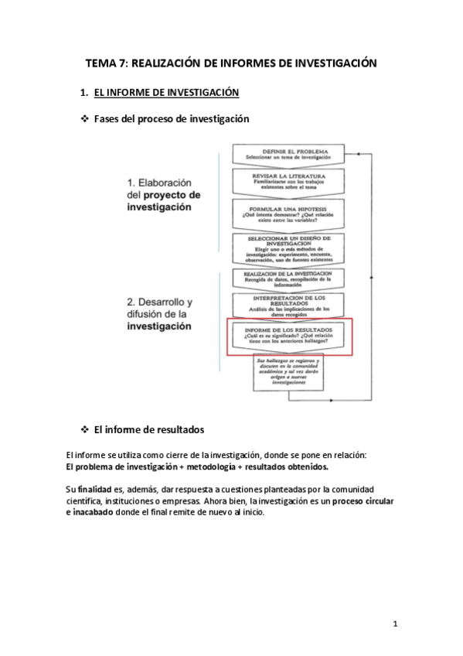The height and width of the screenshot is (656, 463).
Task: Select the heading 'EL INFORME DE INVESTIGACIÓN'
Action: tap(166, 93)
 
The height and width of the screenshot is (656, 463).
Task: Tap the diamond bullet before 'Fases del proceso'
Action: tap(85, 119)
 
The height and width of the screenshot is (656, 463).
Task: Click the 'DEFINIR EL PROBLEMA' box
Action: tap(285, 153)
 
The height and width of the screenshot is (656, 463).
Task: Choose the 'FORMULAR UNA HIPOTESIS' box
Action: tap(285, 214)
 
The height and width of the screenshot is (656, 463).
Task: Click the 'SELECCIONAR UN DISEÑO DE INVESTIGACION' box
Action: tap(285, 248)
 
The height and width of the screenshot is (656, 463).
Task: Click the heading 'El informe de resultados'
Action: tap(148, 430)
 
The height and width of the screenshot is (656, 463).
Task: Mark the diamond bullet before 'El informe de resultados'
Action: tap(85, 430)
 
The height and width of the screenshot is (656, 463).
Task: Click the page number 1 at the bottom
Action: tap(395, 624)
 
